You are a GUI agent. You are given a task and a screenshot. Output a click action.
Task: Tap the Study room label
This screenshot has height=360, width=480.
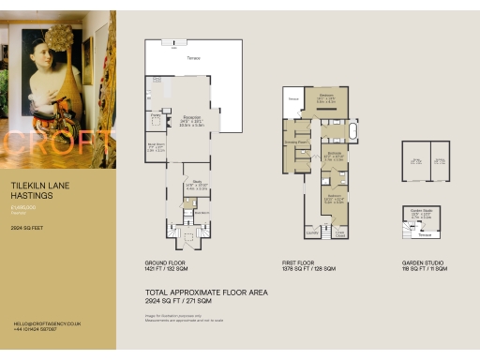tap(198, 182)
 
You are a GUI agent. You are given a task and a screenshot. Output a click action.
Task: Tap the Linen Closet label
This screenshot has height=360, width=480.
tap(341, 233)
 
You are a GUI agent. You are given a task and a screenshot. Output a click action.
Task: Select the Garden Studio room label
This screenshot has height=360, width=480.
tap(419, 211)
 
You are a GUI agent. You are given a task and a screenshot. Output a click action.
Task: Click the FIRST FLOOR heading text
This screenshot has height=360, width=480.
tap(298, 262)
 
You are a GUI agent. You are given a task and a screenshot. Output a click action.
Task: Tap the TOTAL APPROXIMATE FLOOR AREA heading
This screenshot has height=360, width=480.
tap(207, 292)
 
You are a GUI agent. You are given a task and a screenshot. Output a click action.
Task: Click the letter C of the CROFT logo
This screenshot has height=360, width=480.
tap(14, 142)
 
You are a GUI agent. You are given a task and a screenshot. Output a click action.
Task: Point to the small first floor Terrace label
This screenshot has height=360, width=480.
tap(292, 97)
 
